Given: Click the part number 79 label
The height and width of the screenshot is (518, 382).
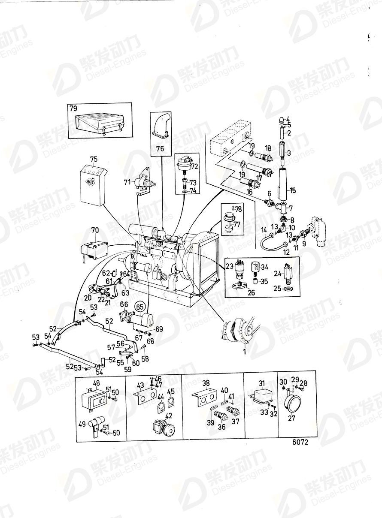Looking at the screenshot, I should [x=73, y=108].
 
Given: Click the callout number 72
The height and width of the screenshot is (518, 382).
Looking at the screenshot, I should [x=194, y=166].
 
